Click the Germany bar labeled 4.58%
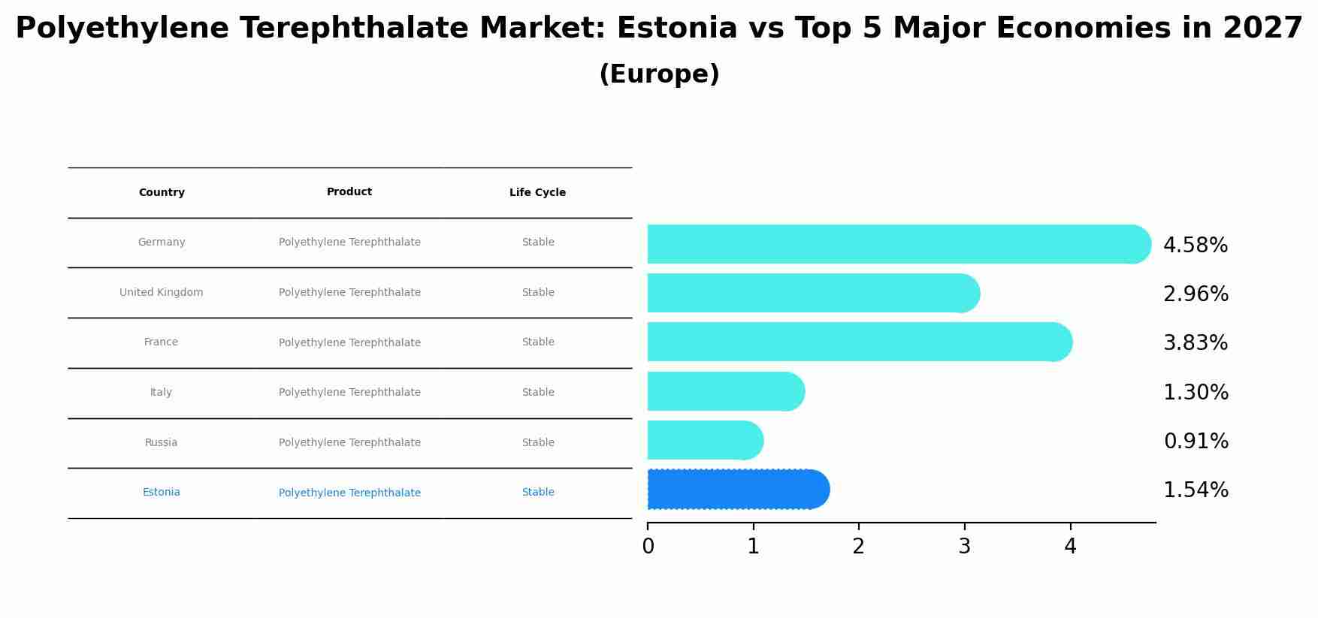click(898, 244)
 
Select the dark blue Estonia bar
click(738, 490)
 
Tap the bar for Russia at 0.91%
click(705, 440)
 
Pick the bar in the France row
click(859, 342)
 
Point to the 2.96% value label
click(1195, 294)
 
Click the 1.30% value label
click(1195, 393)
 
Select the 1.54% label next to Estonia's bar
click(1195, 490)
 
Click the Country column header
click(162, 193)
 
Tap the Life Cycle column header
click(537, 193)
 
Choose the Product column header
click(349, 192)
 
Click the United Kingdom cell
click(161, 293)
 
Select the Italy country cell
click(161, 393)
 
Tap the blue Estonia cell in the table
click(161, 493)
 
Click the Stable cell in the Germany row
click(538, 243)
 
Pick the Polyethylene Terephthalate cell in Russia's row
click(349, 443)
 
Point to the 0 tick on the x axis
click(648, 547)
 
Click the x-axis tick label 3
click(965, 547)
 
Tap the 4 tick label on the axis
click(1070, 547)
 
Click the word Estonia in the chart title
click(677, 29)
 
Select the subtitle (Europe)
click(659, 74)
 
